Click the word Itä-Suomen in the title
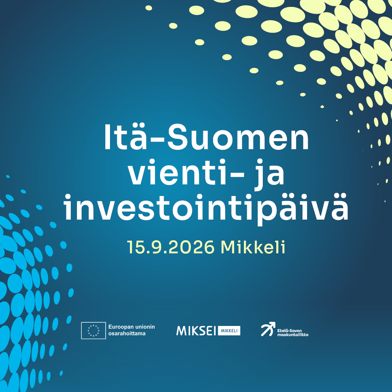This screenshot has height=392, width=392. (x=207, y=137)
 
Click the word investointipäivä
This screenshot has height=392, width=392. (x=206, y=208)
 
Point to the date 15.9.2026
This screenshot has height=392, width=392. (x=171, y=247)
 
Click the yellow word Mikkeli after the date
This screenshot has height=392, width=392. (x=253, y=247)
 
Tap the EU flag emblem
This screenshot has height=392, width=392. (x=94, y=330)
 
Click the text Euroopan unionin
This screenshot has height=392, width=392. (x=131, y=327)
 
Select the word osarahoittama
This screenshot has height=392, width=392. (x=127, y=334)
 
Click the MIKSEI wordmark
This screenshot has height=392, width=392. (x=196, y=331)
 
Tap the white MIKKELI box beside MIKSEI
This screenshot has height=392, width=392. (x=229, y=331)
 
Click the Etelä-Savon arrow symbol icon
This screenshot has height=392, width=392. (x=268, y=329)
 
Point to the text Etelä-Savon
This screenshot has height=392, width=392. (x=290, y=331)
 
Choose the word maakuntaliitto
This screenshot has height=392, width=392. (x=293, y=335)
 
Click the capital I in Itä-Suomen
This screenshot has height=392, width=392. (x=107, y=137)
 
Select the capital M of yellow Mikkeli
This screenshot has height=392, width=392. (x=229, y=247)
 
